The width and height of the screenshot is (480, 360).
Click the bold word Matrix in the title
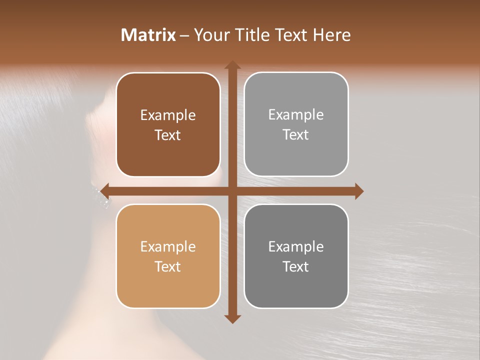(148, 35)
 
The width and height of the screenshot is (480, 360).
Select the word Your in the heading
(210, 35)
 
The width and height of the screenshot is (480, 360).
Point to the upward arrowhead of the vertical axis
(232, 65)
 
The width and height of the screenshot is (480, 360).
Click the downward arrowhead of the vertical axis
(232, 318)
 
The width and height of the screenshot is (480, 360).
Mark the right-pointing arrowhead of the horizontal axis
(358, 191)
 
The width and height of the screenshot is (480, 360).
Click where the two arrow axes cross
(232, 191)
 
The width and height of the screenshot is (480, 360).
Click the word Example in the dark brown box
(168, 115)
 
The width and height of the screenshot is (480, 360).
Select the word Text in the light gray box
(296, 135)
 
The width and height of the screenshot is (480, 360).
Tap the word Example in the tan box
(168, 247)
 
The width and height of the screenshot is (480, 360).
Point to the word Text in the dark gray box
(296, 266)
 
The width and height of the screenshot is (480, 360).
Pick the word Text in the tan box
(168, 266)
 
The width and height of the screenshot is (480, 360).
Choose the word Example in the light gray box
(296, 115)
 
